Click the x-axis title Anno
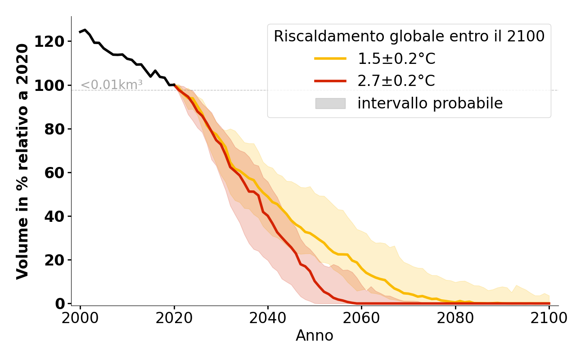(x=315, y=336)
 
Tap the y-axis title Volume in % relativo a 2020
(x=23, y=161)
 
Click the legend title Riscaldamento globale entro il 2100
(x=409, y=36)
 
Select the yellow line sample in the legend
(x=330, y=58)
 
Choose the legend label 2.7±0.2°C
(x=396, y=81)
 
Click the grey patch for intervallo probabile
(x=330, y=103)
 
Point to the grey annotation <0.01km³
(x=112, y=85)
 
